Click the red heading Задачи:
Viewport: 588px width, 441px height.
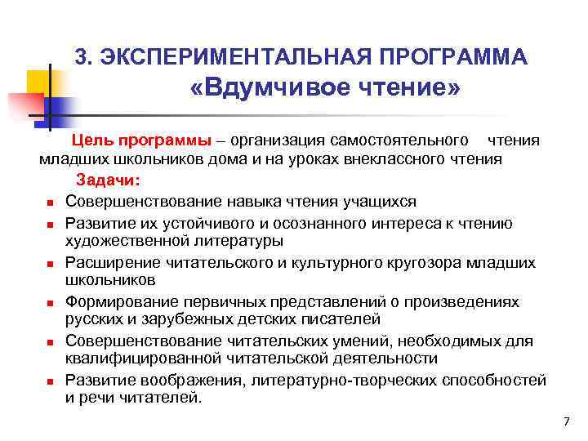point(109,180)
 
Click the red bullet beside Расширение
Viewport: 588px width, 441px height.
point(50,264)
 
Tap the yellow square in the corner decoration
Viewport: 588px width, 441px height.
point(38,82)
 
